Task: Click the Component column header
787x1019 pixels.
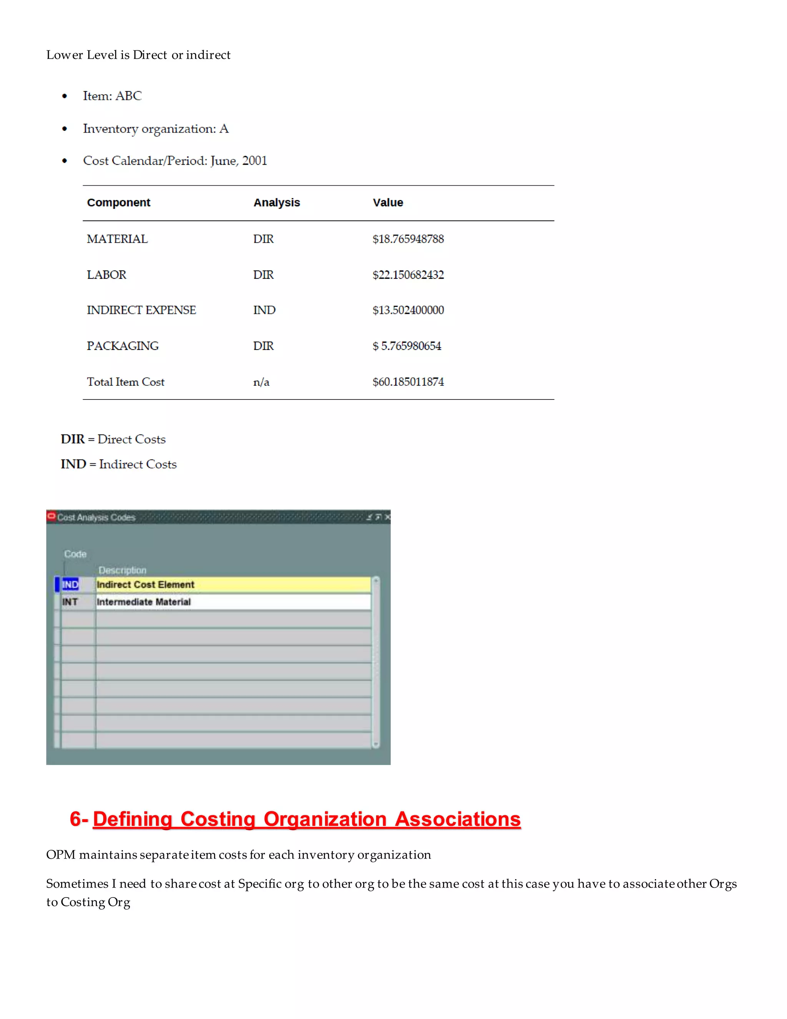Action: (118, 203)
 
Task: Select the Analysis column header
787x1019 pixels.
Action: (276, 203)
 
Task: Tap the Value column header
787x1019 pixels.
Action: (387, 203)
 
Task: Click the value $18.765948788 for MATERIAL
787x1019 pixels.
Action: (408, 239)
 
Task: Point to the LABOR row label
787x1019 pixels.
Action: (106, 275)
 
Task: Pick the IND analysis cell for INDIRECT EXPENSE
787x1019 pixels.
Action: (264, 310)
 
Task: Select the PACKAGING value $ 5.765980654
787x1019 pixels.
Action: (407, 346)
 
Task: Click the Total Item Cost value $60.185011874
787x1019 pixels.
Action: (408, 382)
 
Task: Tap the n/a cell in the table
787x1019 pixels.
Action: (261, 382)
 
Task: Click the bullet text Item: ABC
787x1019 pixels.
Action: (112, 96)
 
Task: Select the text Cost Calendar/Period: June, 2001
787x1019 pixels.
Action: (175, 161)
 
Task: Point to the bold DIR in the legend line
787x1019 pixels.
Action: (73, 440)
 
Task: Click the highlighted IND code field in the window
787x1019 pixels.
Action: (70, 584)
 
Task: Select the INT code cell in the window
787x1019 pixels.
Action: (70, 602)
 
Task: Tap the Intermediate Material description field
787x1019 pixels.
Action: (233, 602)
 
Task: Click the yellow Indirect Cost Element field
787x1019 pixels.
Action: (233, 584)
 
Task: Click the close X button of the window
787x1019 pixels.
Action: (387, 517)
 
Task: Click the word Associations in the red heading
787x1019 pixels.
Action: (457, 819)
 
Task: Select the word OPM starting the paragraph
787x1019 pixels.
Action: (61, 855)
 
